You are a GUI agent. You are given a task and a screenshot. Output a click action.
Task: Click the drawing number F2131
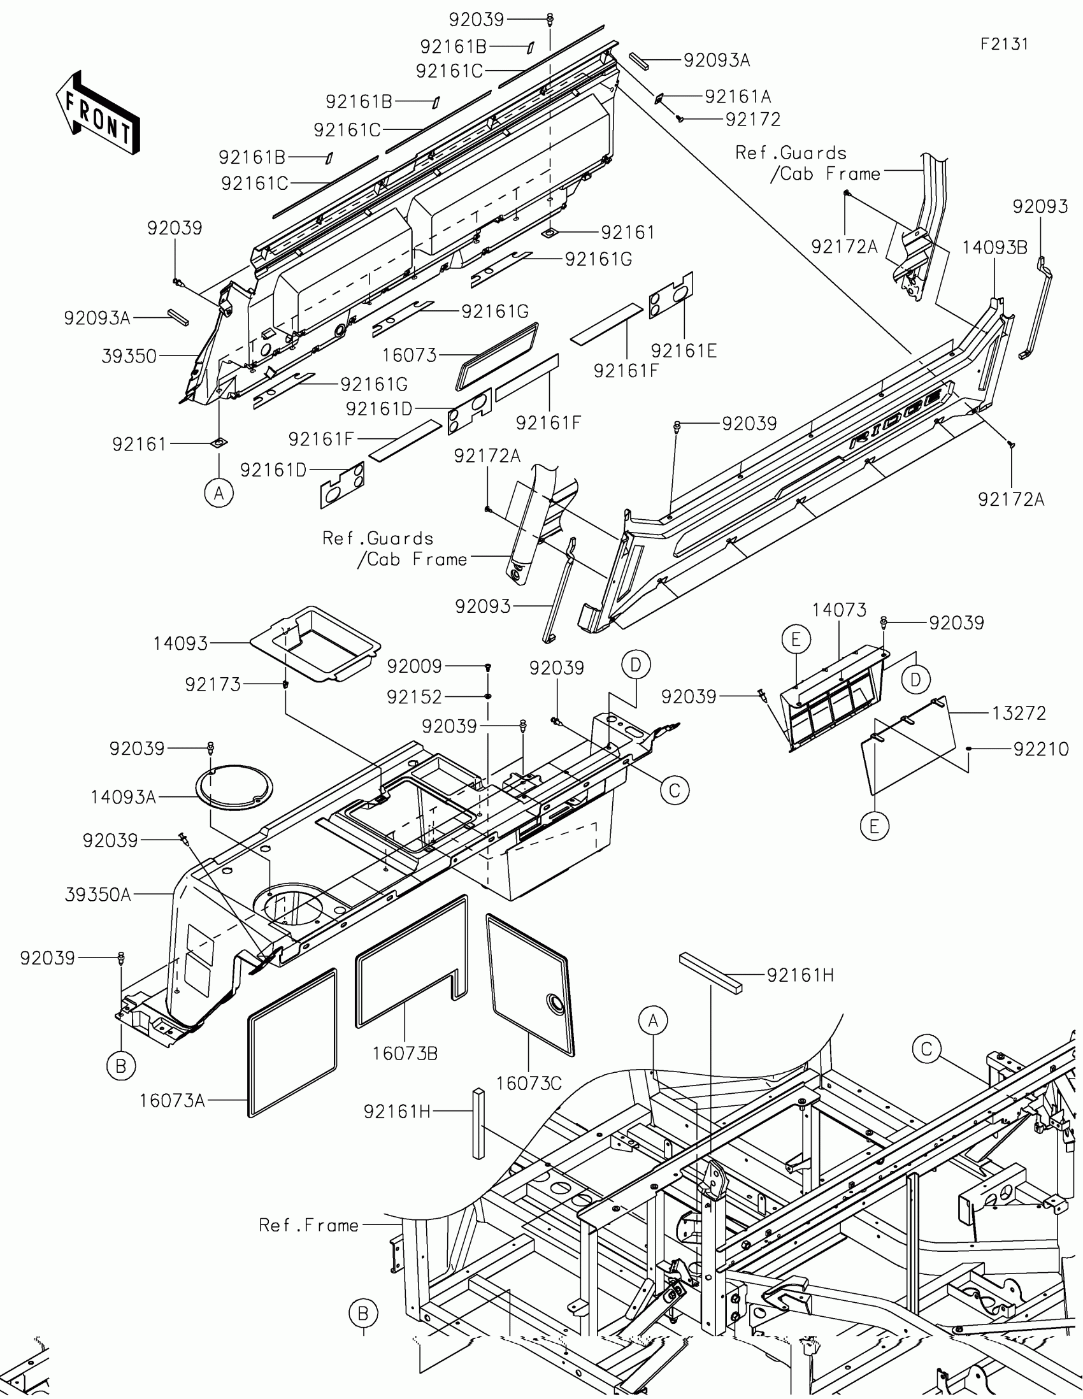(x=1004, y=44)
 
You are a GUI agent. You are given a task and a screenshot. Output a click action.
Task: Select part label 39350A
(x=98, y=895)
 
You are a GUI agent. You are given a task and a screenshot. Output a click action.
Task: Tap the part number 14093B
(x=994, y=248)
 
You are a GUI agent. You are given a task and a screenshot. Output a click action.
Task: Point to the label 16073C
(x=528, y=1083)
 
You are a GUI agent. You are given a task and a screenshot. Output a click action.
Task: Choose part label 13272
(x=1019, y=713)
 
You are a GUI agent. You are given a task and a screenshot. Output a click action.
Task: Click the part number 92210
(x=1041, y=749)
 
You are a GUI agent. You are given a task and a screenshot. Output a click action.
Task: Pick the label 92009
(x=414, y=666)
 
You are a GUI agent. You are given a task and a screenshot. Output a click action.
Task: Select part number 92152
(x=414, y=696)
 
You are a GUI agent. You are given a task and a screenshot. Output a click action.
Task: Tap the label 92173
(x=213, y=685)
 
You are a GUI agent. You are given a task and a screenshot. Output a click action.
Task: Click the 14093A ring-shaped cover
(x=234, y=787)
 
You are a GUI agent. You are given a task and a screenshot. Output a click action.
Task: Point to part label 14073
(x=839, y=610)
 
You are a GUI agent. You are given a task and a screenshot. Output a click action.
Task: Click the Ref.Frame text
(x=309, y=1225)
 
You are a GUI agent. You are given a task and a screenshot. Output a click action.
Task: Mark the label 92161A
(x=738, y=97)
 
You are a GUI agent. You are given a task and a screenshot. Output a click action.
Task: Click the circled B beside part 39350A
(x=121, y=1066)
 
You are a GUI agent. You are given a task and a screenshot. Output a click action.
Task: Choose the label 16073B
(x=405, y=1053)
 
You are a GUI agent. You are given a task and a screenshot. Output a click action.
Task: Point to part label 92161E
(x=684, y=350)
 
